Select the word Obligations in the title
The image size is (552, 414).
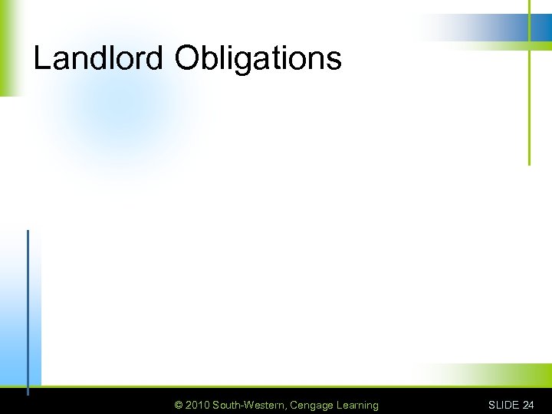258,59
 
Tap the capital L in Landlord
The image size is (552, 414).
41,58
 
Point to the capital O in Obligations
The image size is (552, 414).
189,58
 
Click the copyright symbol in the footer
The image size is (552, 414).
179,405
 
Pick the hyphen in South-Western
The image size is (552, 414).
240,406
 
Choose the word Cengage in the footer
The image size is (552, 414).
311,405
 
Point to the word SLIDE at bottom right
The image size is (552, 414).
504,405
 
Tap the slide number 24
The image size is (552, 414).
528,405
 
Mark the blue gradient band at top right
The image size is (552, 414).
491,27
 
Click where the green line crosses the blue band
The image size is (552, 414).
529,27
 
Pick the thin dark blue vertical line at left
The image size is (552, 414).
28,307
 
